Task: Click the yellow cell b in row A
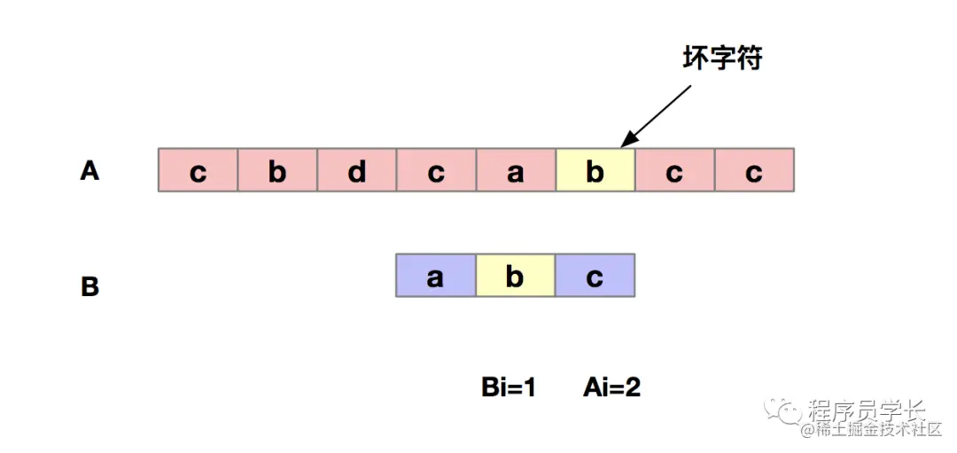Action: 595,169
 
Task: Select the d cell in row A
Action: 357,169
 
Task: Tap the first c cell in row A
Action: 198,169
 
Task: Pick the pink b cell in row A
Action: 277,169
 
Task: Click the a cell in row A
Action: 516,169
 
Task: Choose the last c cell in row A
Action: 754,169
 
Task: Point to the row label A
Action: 89,169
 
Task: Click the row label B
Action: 89,286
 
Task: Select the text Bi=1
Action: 509,387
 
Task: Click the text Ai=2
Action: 611,387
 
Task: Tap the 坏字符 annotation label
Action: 722,59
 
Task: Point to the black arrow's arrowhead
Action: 626,142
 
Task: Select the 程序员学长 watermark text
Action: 867,410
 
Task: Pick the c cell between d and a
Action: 436,169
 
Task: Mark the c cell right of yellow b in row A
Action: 674,169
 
